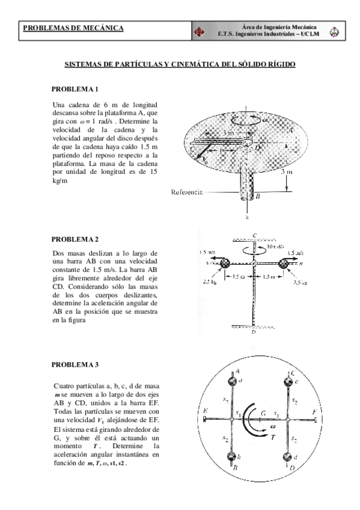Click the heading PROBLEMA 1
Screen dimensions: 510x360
pyautogui.click(x=75, y=90)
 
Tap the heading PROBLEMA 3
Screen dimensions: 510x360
pyautogui.click(x=75, y=365)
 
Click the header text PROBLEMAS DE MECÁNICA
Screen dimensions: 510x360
pyautogui.click(x=73, y=28)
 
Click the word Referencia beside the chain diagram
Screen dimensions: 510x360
pyautogui.click(x=188, y=193)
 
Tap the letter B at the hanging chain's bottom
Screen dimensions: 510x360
pyautogui.click(x=257, y=197)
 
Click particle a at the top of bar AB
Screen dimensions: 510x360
pyautogui.click(x=233, y=381)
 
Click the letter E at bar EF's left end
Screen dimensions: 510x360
pyautogui.click(x=206, y=411)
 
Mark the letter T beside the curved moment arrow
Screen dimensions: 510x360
pyautogui.click(x=272, y=439)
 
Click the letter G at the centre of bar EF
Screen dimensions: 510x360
pyautogui.click(x=263, y=414)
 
